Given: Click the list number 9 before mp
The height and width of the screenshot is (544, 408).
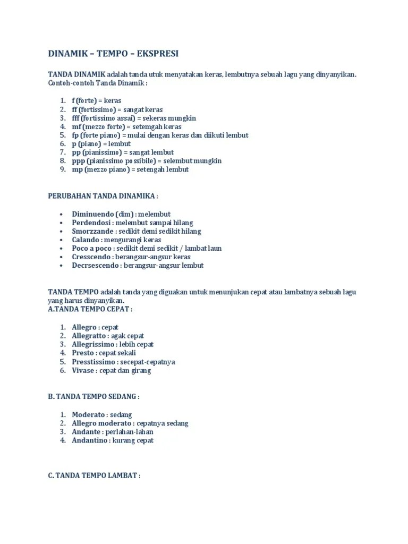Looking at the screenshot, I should click(x=62, y=169).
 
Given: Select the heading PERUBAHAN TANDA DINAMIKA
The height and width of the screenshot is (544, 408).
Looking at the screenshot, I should click(x=103, y=195).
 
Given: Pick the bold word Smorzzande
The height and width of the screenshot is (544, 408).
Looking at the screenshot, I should click(x=92, y=231).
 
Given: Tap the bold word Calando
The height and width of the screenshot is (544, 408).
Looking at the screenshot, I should click(x=86, y=240).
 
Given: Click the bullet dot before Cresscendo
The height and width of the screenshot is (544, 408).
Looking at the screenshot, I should click(x=62, y=257).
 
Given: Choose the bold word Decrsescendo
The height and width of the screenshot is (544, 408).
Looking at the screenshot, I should click(x=96, y=265).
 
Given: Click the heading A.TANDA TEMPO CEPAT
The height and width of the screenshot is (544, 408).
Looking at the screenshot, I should click(x=90, y=309).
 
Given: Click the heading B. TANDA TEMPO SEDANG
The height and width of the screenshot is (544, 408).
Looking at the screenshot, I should click(x=93, y=396).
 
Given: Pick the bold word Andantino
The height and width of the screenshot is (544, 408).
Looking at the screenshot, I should click(x=91, y=440).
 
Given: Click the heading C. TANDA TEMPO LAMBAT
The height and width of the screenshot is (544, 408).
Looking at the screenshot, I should click(x=94, y=475).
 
